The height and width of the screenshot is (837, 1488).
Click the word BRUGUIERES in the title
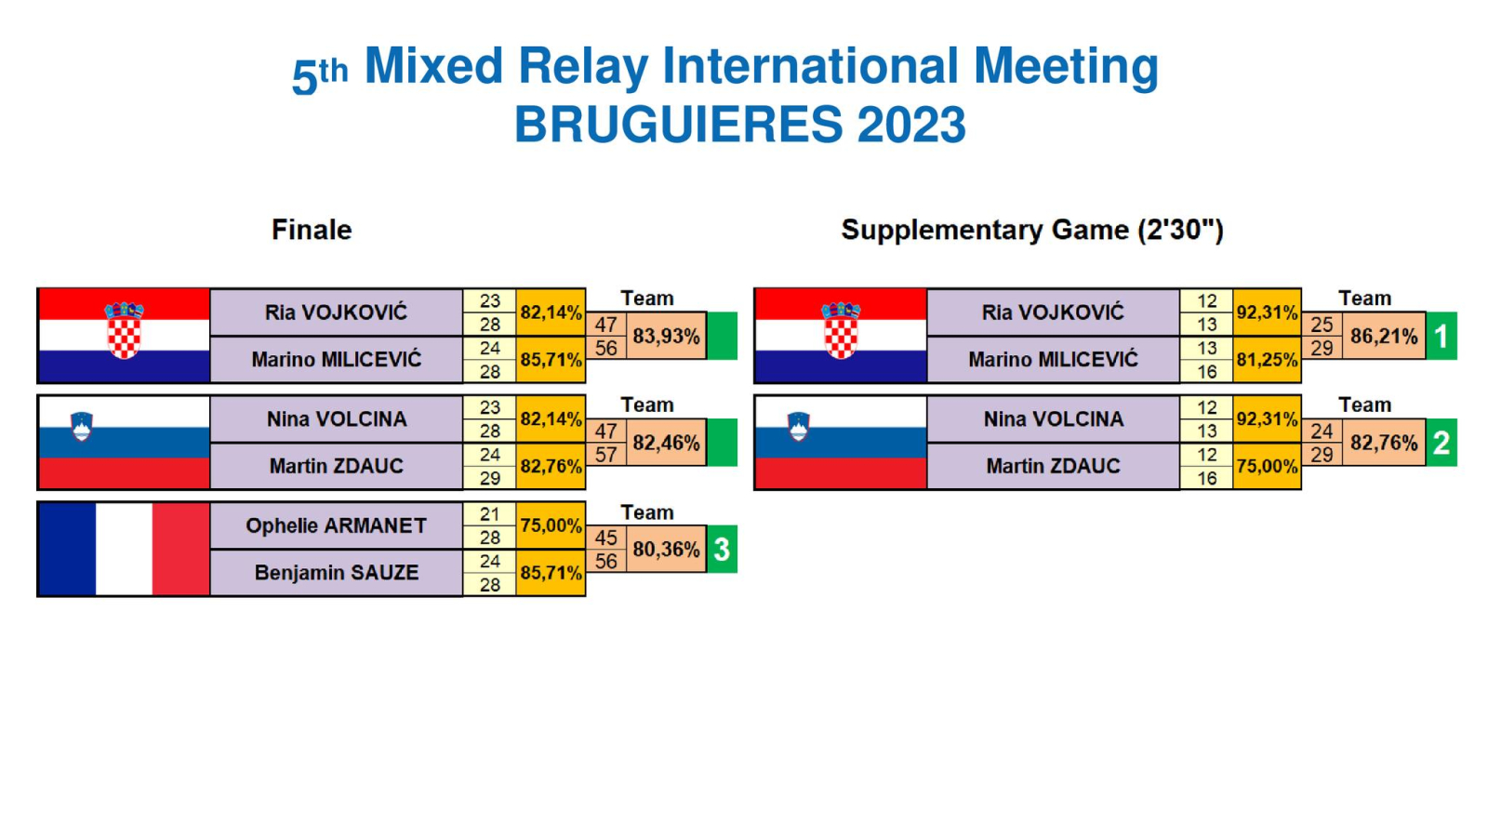click(x=678, y=125)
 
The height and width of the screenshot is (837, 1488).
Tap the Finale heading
click(x=312, y=230)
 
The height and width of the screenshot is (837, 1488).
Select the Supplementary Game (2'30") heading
click(x=1031, y=230)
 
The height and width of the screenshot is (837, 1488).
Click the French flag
click(x=125, y=549)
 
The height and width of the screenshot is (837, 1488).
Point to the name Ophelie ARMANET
click(x=336, y=525)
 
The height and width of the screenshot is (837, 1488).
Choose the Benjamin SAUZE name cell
click(x=336, y=573)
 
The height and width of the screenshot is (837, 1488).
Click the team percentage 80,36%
click(x=666, y=550)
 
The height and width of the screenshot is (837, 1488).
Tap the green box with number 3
click(x=722, y=550)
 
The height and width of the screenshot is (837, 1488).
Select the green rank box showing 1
click(x=1441, y=336)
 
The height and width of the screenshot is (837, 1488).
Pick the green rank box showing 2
click(x=1441, y=443)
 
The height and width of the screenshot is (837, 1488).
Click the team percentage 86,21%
click(x=1385, y=336)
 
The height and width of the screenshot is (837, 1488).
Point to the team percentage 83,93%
click(x=666, y=336)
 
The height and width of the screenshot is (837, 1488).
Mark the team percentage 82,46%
click(x=666, y=443)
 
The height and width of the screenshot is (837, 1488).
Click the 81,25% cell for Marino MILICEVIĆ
click(x=1267, y=359)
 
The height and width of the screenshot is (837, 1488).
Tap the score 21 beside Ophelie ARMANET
click(x=489, y=513)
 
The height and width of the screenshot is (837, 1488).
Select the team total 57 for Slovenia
click(x=605, y=455)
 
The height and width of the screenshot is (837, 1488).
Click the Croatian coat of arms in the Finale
click(x=125, y=330)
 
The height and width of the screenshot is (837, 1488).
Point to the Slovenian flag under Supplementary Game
click(x=841, y=443)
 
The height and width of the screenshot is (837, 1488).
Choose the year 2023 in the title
click(x=911, y=125)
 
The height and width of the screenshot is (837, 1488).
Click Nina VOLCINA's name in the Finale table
click(x=336, y=419)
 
